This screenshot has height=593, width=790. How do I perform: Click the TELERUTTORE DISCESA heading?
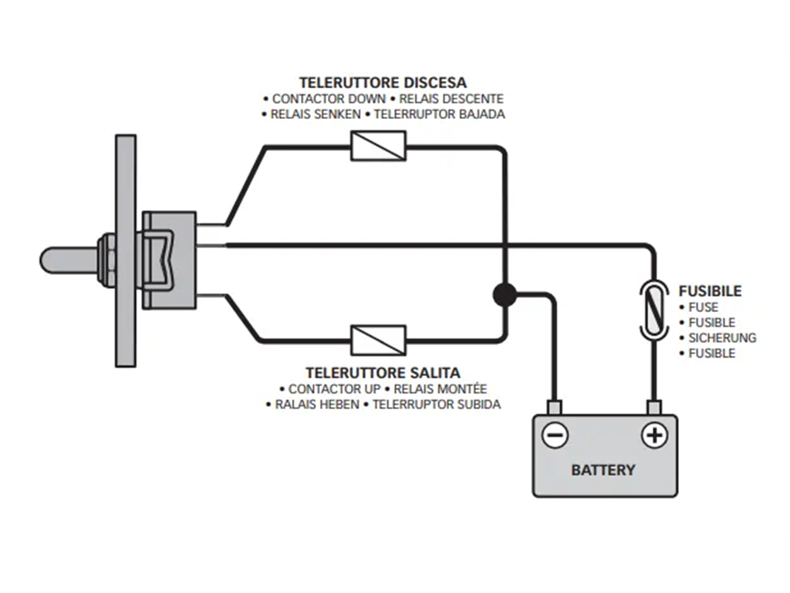click(383, 82)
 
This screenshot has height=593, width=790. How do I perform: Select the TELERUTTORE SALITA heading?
click(383, 373)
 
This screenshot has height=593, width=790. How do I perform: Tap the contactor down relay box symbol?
click(378, 146)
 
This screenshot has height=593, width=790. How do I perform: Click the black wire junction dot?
click(505, 294)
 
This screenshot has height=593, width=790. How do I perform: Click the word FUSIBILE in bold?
click(710, 291)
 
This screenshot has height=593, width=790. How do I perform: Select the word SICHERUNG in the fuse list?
click(722, 337)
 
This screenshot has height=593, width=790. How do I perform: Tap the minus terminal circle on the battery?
click(555, 435)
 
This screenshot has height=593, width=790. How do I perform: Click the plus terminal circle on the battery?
click(654, 435)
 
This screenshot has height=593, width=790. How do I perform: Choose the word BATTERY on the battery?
click(603, 469)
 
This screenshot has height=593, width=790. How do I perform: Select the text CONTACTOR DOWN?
click(329, 99)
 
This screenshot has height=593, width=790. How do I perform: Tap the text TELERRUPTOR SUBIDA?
click(437, 404)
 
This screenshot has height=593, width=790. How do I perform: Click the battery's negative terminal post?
click(554, 407)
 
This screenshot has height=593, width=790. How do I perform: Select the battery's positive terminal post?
click(653, 407)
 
